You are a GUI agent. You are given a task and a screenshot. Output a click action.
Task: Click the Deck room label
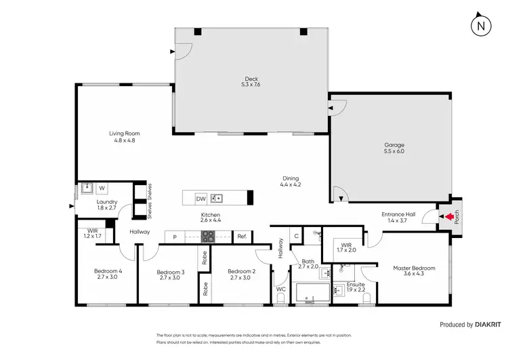pos(250,81)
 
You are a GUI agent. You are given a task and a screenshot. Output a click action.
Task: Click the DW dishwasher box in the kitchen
pos(200,199)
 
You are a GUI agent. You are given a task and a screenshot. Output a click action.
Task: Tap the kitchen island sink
pos(217,199)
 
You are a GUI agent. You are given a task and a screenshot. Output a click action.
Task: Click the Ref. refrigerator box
pos(241,237)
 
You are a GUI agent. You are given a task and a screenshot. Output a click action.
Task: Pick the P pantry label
pos(175,237)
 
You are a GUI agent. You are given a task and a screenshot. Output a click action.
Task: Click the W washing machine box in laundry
pos(102,188)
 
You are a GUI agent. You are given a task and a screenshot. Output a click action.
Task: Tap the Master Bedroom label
pos(414,268)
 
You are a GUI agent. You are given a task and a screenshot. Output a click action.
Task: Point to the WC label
pos(281,289)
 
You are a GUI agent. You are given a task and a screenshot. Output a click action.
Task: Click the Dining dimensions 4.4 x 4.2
pos(291,184)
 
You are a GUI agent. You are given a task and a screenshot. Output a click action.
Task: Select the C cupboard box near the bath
pos(296,236)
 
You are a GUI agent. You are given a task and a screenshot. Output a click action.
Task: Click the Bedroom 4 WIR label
pos(91,234)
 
